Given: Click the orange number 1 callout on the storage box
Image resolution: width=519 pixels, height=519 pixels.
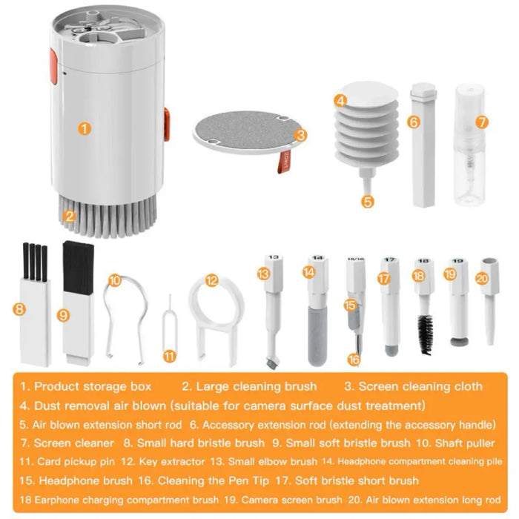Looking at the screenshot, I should (85, 128).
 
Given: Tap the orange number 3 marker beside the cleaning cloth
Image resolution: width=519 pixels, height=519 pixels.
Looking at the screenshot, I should (300, 135).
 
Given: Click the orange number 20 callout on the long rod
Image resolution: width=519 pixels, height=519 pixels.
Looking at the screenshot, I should (483, 279).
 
